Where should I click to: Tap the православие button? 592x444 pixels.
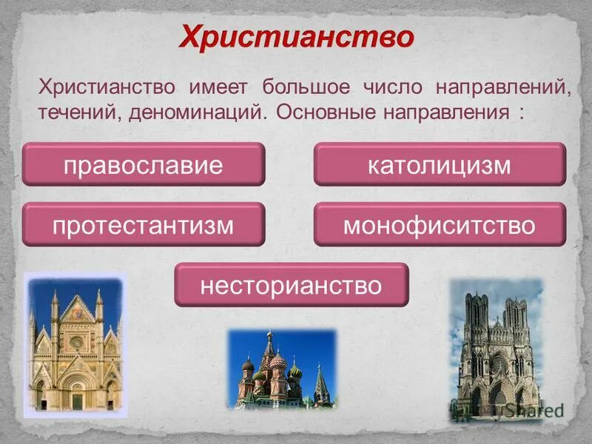pyautogui.click(x=143, y=164)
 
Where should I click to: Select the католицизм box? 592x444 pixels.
pyautogui.click(x=440, y=164)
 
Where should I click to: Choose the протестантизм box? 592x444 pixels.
pyautogui.click(x=143, y=224)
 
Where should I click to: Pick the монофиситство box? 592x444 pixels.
pyautogui.click(x=440, y=224)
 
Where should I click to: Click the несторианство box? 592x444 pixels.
pyautogui.click(x=291, y=284)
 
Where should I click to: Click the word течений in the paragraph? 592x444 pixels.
pyautogui.click(x=79, y=114)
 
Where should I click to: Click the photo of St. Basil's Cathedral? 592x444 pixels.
pyautogui.click(x=281, y=369)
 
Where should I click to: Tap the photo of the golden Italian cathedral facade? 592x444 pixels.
pyautogui.click(x=74, y=345)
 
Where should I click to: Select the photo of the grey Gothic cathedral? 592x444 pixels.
pyautogui.click(x=497, y=348)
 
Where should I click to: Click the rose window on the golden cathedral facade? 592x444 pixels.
pyautogui.click(x=76, y=343)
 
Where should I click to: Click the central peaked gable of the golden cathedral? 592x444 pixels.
pyautogui.click(x=76, y=311)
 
